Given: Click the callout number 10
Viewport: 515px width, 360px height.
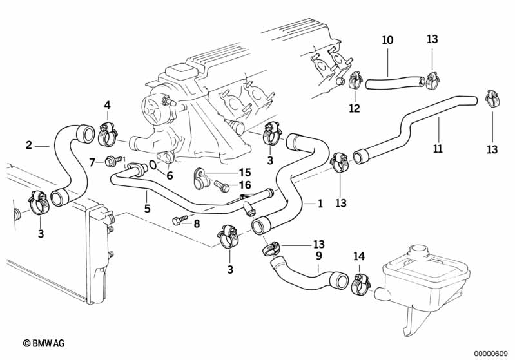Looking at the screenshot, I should [x=387, y=40].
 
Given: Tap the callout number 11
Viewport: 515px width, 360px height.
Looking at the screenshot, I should [x=438, y=149].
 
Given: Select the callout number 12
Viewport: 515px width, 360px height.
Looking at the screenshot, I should [x=355, y=108].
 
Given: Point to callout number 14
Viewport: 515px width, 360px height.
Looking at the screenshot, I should [x=359, y=256].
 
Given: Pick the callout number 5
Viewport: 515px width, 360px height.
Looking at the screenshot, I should [x=147, y=209].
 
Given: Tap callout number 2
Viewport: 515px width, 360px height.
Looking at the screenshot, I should [x=29, y=145].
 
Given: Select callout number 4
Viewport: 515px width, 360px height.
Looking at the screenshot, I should [x=107, y=105].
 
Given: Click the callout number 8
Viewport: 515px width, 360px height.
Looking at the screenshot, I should [x=197, y=224].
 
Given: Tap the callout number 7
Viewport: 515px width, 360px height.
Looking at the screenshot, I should [x=92, y=161].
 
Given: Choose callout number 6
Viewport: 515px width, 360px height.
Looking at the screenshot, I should [x=170, y=175].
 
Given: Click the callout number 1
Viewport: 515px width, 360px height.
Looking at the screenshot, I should [x=319, y=204].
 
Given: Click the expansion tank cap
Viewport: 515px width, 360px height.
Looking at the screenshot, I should [x=420, y=249].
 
